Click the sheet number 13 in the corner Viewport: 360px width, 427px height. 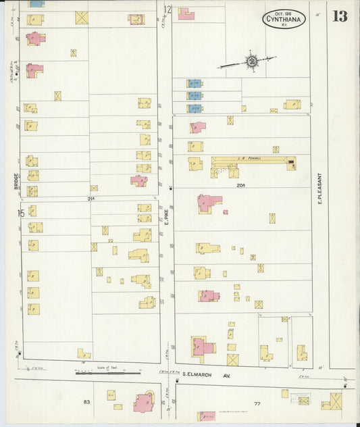point(340,16)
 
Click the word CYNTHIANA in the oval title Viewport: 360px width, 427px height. point(284,21)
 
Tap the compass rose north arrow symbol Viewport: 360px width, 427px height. point(251,62)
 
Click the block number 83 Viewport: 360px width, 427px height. point(86,403)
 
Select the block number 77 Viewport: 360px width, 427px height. point(257,403)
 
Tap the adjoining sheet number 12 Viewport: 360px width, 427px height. point(168,9)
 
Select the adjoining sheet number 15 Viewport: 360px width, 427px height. point(21,214)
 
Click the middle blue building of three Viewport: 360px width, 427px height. point(195,96)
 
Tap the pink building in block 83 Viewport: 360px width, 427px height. point(143,402)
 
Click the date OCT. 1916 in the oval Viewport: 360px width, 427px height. point(284,13)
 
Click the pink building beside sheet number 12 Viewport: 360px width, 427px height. point(185,14)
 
